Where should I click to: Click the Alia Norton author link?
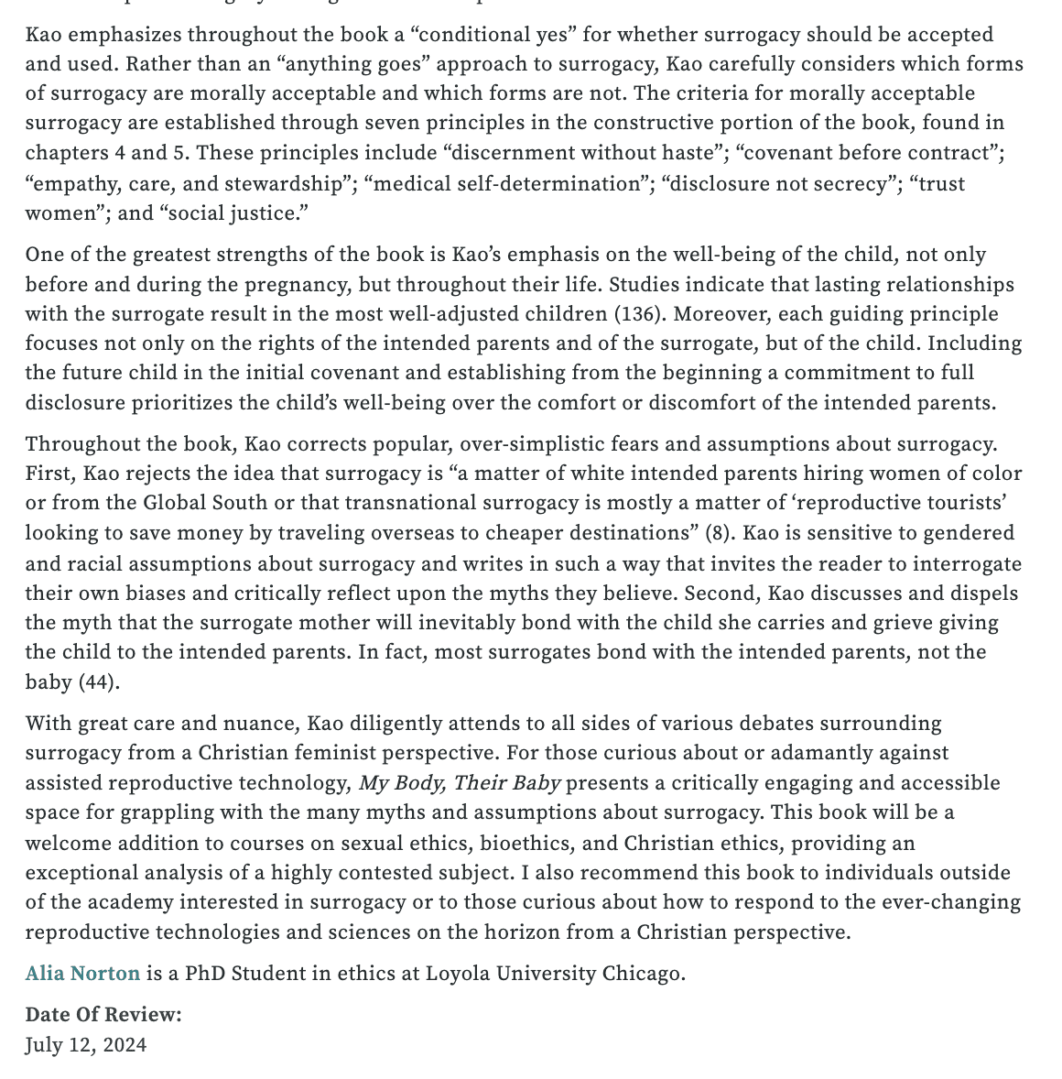point(82,973)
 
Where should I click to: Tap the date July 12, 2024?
point(85,1045)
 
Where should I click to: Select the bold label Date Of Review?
point(103,1015)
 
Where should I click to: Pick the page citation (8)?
point(717,533)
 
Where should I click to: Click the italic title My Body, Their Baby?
point(460,783)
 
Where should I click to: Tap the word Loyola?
point(459,973)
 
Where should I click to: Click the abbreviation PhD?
point(205,973)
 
